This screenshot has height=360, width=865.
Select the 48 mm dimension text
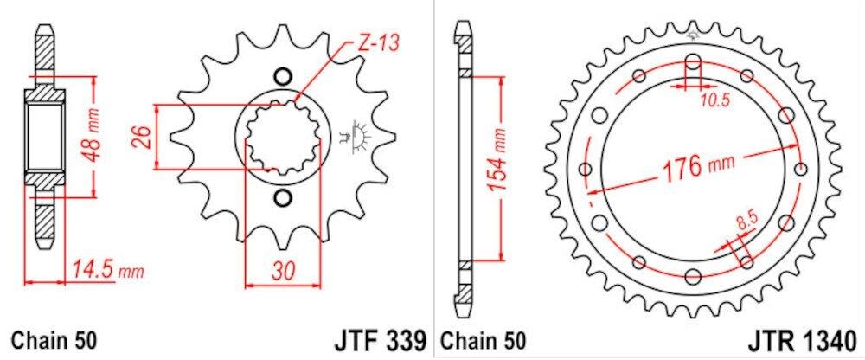[93, 137]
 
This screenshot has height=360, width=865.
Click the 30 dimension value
[283, 270]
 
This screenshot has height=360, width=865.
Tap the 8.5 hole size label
[745, 226]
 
